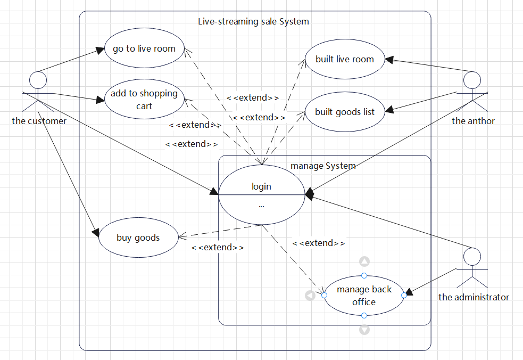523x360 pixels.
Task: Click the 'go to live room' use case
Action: pyautogui.click(x=144, y=48)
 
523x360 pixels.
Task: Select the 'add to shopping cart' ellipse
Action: pyautogui.click(x=144, y=99)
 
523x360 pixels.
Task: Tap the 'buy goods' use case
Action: pyautogui.click(x=138, y=238)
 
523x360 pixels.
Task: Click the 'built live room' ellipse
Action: pyautogui.click(x=345, y=59)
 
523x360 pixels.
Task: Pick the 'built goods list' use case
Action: pyautogui.click(x=345, y=112)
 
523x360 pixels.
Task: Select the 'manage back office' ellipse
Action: pyautogui.click(x=364, y=296)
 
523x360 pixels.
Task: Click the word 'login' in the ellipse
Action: pyautogui.click(x=261, y=186)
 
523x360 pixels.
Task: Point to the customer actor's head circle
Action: pyautogui.click(x=38, y=80)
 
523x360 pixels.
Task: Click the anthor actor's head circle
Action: pyautogui.click(x=472, y=80)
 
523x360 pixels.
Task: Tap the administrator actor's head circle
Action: pyautogui.click(x=472, y=257)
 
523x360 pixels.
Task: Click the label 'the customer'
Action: pyautogui.click(x=39, y=121)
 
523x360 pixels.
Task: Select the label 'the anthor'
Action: pyautogui.click(x=473, y=121)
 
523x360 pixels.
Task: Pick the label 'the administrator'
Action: pyautogui.click(x=474, y=297)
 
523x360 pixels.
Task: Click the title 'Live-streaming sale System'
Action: pyautogui.click(x=253, y=22)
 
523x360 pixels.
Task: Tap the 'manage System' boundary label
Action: pyautogui.click(x=323, y=166)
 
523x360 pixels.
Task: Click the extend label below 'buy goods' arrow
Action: pyautogui.click(x=218, y=248)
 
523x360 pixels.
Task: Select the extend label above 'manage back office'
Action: pyautogui.click(x=319, y=243)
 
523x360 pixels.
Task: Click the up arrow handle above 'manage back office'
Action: pyautogui.click(x=364, y=261)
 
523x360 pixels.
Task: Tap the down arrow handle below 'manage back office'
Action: pyautogui.click(x=364, y=330)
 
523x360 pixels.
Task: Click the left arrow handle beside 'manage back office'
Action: pyautogui.click(x=310, y=295)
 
